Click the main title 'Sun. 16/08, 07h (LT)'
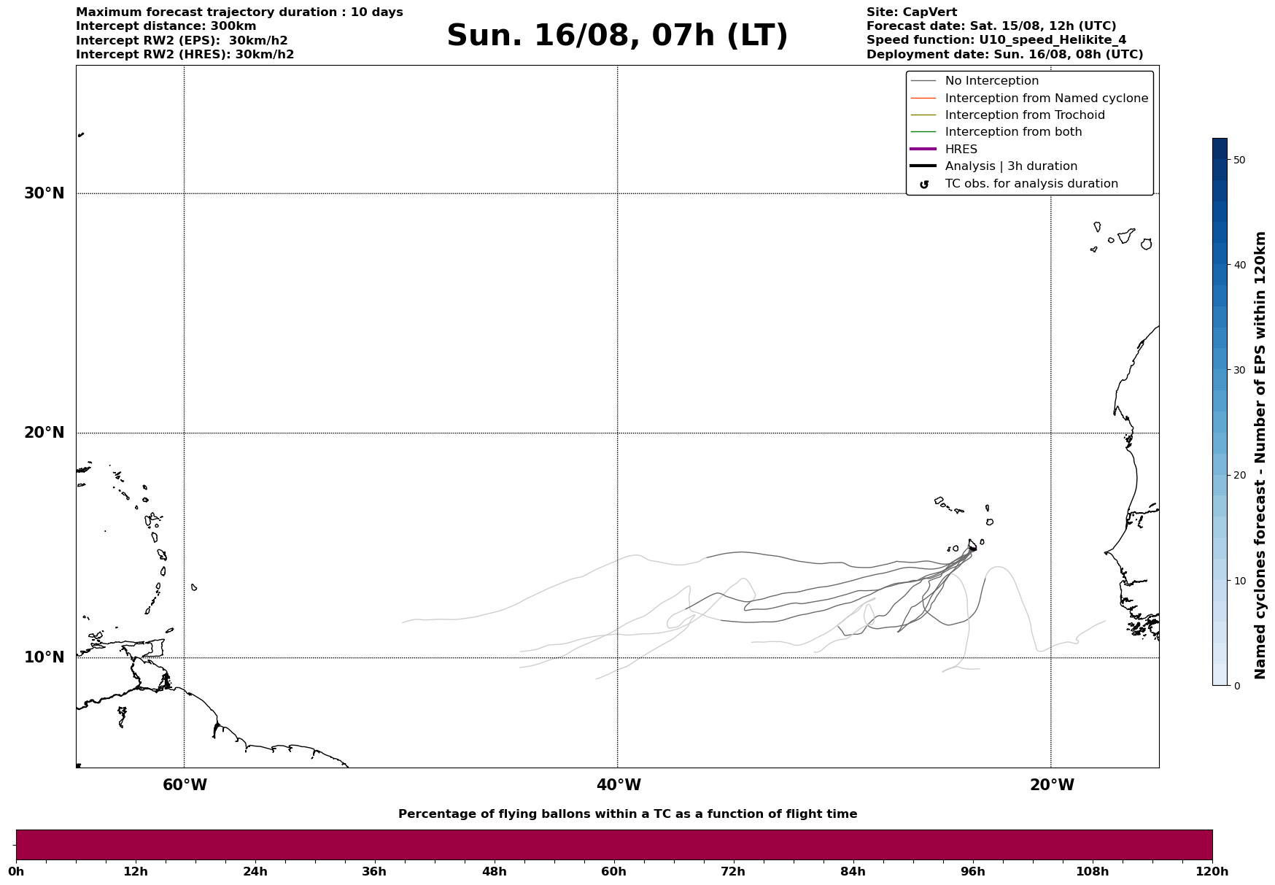coord(617,36)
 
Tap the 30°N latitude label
coord(44,193)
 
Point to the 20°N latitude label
coord(44,433)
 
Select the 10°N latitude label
coord(44,657)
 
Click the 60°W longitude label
coord(185,785)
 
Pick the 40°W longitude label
coord(619,785)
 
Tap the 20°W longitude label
coord(1052,785)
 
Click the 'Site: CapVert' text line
coord(912,12)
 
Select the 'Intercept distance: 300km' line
coord(166,26)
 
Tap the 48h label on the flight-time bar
coord(494,871)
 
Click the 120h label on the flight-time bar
coord(1212,871)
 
